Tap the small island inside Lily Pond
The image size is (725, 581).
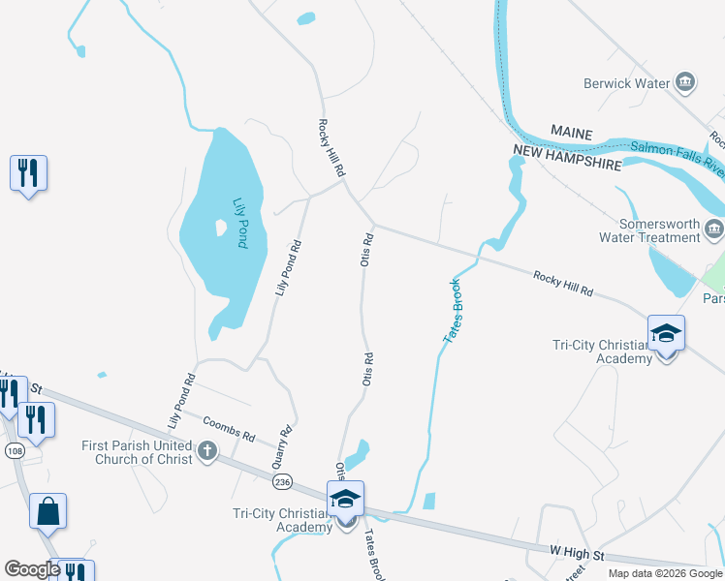click(221, 228)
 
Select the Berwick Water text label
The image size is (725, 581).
click(627, 83)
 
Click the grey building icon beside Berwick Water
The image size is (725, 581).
click(686, 82)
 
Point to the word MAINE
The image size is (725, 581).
click(571, 130)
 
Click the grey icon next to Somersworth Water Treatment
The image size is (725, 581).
click(715, 229)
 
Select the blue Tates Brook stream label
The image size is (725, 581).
click(452, 310)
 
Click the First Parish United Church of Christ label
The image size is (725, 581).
click(137, 452)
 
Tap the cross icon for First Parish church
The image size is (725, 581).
click(206, 450)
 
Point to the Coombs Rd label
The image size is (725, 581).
click(229, 429)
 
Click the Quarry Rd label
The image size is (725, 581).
click(285, 445)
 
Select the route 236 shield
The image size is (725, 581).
click(282, 481)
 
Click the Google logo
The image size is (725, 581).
click(31, 569)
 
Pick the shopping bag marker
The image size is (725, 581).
click(48, 510)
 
